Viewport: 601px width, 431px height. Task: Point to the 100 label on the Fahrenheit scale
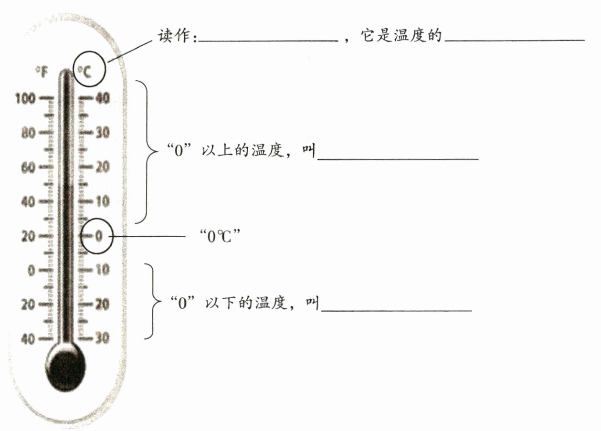(25, 99)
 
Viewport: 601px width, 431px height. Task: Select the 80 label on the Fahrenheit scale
(28, 133)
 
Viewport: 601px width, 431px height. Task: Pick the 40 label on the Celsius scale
(102, 98)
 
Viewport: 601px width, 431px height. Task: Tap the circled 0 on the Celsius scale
(98, 236)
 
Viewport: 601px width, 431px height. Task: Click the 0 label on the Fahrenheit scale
(31, 270)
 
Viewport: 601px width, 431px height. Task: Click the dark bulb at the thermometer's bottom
(68, 368)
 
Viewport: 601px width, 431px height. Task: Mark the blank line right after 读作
(268, 42)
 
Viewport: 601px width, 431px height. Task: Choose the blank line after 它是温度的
(514, 41)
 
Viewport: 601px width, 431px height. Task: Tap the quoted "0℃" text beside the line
(219, 236)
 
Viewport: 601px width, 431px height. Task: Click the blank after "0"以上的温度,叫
(398, 159)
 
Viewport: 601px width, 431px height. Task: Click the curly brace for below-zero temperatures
(154, 302)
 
